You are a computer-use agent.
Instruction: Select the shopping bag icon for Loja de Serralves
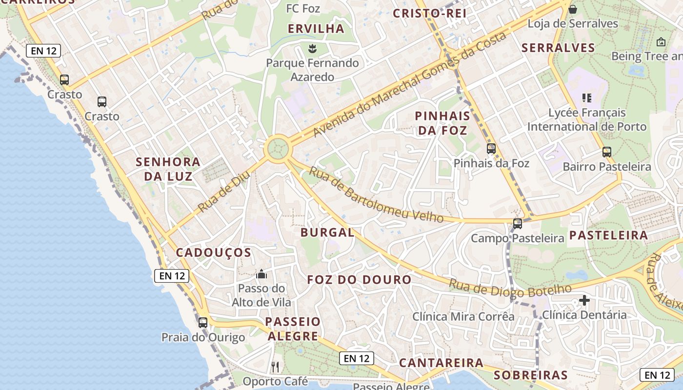pos(573,9)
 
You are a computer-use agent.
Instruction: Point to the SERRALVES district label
pos(558,48)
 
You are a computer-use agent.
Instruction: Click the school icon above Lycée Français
pos(587,97)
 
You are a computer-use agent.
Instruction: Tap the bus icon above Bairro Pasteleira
pos(606,152)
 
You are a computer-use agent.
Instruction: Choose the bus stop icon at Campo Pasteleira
pos(517,224)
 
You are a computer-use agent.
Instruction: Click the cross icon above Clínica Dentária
pos(584,300)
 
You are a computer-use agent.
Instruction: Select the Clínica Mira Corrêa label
pos(463,316)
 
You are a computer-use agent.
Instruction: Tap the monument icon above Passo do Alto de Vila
pos(261,274)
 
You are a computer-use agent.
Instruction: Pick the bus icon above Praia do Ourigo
pos(202,322)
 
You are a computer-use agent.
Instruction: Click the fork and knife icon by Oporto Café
pos(275,367)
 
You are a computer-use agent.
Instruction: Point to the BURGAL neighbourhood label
pos(327,233)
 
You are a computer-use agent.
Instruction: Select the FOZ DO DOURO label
pos(359,280)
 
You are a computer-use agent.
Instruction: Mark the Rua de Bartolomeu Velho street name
pos(376,195)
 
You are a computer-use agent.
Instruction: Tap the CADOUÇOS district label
pos(213,253)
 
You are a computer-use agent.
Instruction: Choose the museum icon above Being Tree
pos(661,42)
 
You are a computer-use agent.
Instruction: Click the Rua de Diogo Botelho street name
pos(509,289)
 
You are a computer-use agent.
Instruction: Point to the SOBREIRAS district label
pos(530,375)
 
